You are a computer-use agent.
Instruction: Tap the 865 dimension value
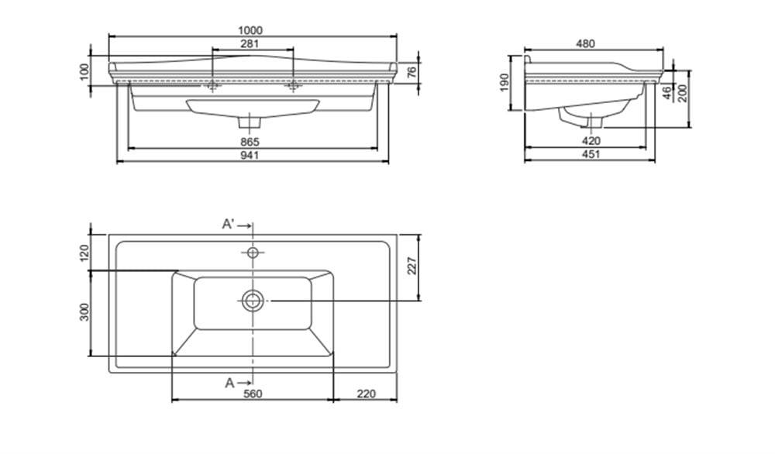[x=250, y=142]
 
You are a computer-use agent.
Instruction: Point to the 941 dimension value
[x=250, y=155]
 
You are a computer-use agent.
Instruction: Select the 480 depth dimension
[x=586, y=43]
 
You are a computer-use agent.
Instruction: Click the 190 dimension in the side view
[x=505, y=82]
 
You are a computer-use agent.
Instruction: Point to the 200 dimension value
[x=683, y=93]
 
